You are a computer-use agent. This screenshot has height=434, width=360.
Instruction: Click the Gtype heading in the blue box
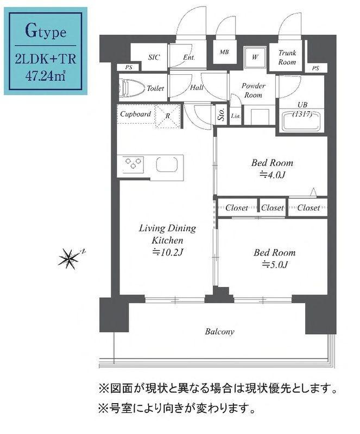(46, 32)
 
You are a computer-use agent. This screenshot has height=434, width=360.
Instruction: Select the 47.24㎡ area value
(46, 75)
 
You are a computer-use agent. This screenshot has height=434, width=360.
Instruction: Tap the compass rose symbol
(68, 259)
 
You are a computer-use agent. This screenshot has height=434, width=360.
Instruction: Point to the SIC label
(154, 57)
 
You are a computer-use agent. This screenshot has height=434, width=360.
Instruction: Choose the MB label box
(223, 53)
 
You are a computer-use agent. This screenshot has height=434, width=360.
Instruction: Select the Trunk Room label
(287, 58)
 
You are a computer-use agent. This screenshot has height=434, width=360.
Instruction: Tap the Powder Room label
(253, 91)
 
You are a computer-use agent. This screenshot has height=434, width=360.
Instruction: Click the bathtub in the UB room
(301, 120)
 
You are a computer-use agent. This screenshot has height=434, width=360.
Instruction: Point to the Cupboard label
(135, 114)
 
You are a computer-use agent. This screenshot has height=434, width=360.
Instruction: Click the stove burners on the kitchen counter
(134, 163)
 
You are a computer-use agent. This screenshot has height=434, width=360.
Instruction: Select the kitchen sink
(168, 163)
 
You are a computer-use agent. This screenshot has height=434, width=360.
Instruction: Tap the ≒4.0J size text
(271, 175)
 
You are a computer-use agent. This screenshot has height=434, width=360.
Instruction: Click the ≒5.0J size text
(274, 264)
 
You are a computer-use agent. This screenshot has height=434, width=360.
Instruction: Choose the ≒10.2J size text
(167, 252)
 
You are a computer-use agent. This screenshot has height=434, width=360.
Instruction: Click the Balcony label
(219, 331)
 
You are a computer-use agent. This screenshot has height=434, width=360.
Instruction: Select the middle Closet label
(272, 208)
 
